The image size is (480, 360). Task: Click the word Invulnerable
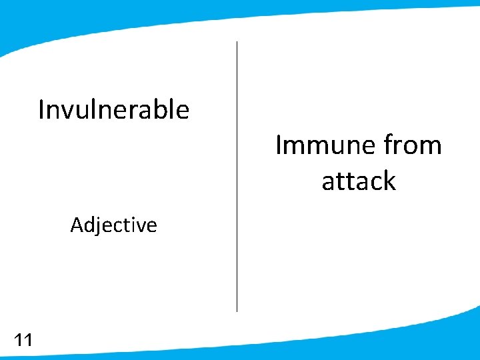coord(113,109)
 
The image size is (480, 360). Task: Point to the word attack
coord(359,181)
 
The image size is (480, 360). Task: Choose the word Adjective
coord(113,225)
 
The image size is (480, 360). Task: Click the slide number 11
coord(23,341)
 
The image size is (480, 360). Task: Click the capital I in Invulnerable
coord(41,109)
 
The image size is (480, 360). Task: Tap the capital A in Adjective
coord(76,225)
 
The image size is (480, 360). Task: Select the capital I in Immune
coord(279,145)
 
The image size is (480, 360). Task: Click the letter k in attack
coord(389,181)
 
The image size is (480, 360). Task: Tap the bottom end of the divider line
coord(237,310)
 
